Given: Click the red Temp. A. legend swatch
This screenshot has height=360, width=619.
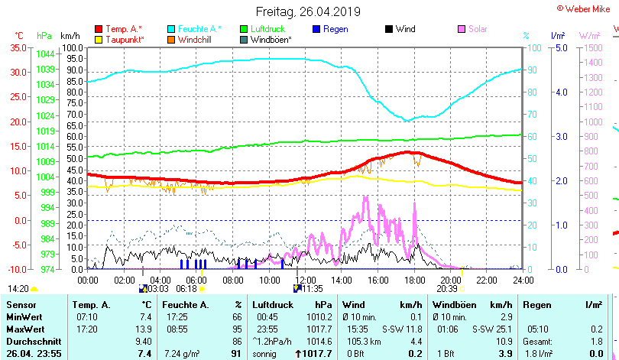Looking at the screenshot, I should (99, 29).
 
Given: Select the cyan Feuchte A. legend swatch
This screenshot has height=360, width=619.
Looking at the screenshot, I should (172, 29).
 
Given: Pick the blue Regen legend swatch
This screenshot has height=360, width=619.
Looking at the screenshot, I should (317, 29).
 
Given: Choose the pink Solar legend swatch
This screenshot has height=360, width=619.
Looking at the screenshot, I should (462, 29).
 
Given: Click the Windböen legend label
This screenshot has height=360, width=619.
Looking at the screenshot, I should (271, 39).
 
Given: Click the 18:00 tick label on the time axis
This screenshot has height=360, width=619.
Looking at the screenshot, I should (414, 280).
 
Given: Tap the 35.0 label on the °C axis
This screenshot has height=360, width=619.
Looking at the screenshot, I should (17, 47).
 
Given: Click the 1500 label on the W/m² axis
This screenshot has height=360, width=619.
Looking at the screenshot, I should (593, 47).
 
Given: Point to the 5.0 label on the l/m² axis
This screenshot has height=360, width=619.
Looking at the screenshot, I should (559, 47).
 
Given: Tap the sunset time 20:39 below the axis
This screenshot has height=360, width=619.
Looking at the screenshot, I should (447, 289).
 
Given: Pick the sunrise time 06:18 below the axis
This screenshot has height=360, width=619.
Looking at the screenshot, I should (187, 289).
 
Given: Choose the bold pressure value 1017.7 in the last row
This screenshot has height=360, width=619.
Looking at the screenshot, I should (319, 353).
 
